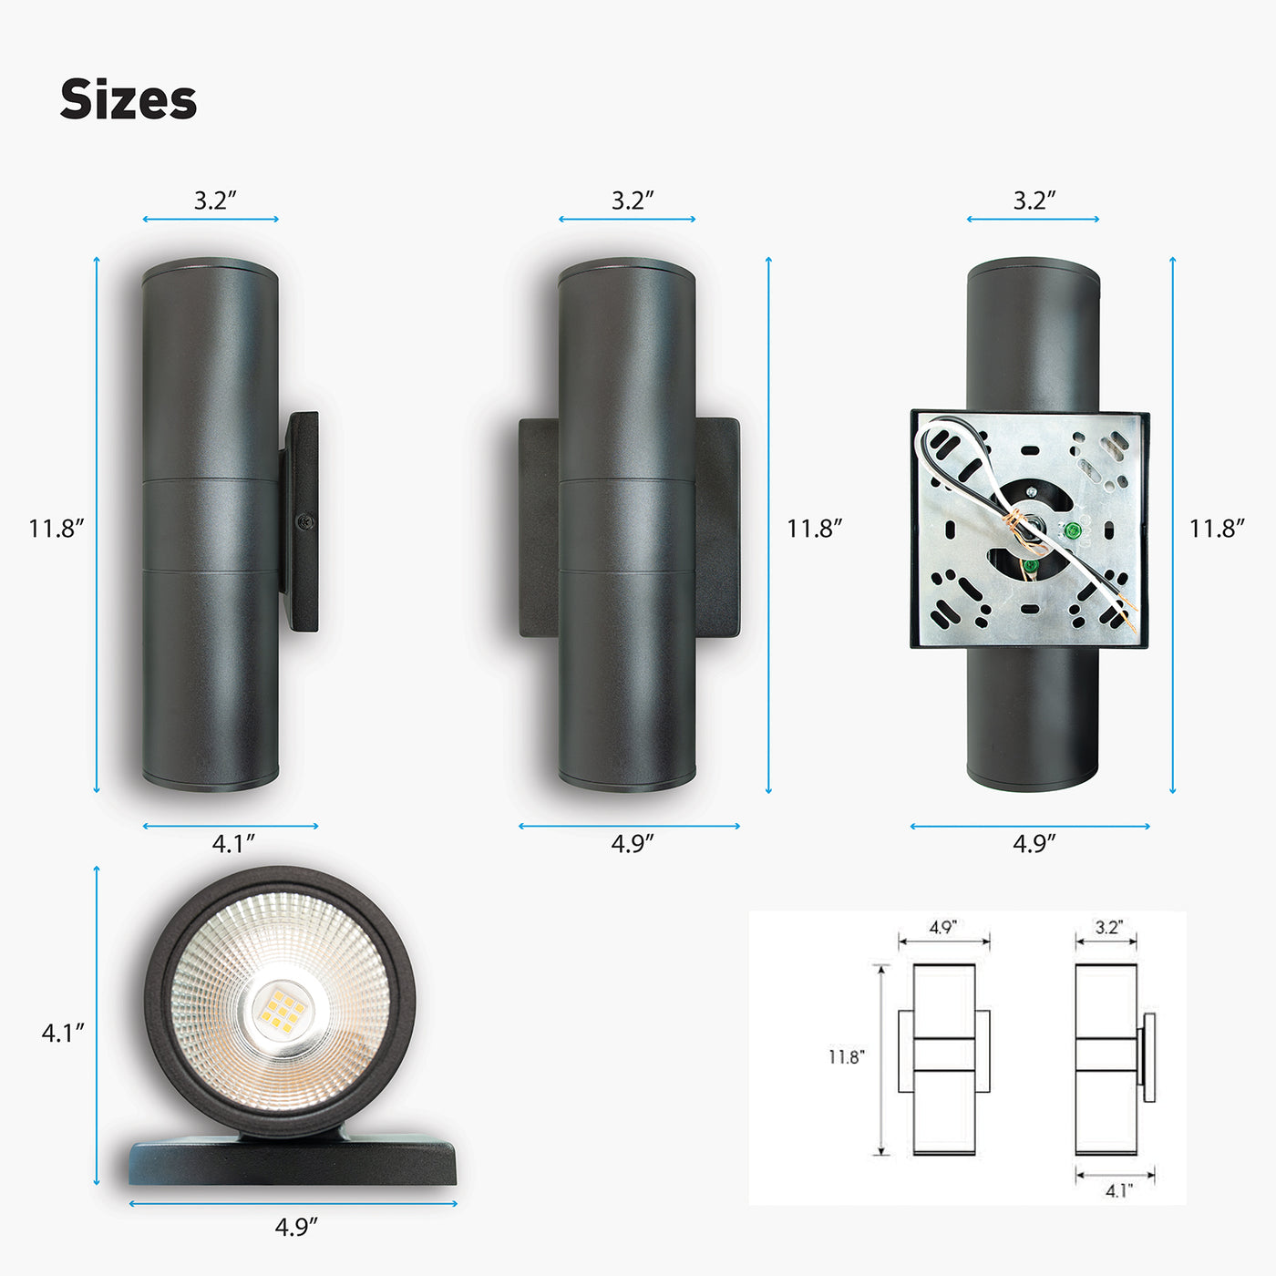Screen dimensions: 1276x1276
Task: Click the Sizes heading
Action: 129,99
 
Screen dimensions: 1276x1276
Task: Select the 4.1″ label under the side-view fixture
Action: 233,844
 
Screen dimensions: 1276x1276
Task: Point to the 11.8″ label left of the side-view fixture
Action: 57,529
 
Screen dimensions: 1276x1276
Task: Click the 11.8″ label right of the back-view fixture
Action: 1217,529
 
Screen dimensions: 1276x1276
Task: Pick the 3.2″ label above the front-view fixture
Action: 633,200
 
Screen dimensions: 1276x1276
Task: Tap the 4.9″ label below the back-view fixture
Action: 1034,844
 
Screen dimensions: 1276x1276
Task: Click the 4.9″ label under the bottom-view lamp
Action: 296,1227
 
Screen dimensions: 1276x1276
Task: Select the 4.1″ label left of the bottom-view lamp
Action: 63,1033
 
